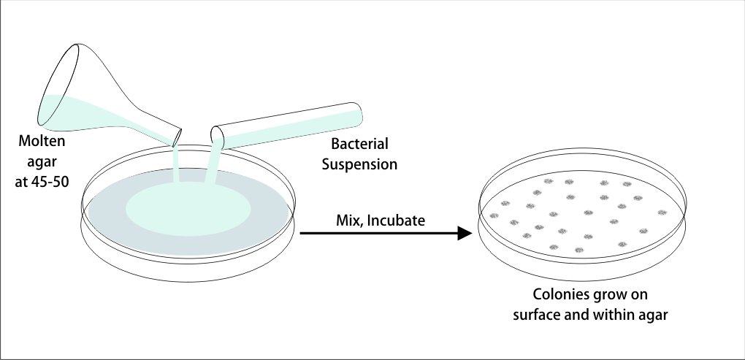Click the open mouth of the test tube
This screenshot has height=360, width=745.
217,136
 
